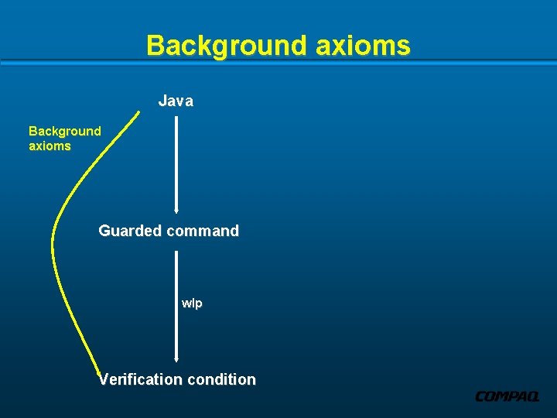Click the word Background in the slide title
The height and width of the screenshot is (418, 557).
point(227,46)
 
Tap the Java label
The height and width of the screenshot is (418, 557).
point(176,101)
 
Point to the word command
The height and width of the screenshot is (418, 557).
point(203,231)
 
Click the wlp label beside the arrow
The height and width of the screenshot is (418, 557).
point(192,303)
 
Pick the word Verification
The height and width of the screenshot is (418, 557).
point(139,379)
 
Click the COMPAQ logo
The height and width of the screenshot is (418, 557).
point(507,396)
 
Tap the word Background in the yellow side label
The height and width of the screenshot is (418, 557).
point(65,131)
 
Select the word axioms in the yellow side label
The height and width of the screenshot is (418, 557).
point(50,146)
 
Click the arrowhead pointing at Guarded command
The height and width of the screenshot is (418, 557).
point(177,209)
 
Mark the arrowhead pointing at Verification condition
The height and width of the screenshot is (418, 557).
point(177,359)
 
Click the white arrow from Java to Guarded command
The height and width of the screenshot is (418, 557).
point(177,163)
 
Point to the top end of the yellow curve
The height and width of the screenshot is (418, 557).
point(140,113)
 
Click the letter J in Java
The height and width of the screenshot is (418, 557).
point(162,101)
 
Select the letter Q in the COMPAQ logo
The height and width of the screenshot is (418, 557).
point(531,396)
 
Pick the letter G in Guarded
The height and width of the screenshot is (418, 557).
point(104,231)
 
